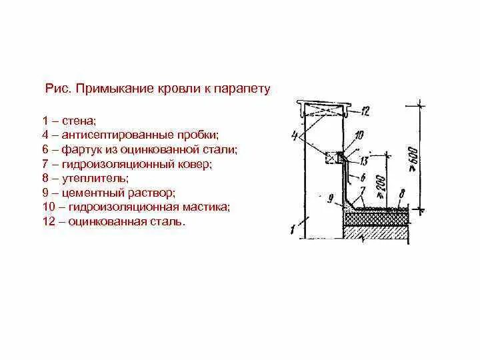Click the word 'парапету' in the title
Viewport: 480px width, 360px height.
(245, 89)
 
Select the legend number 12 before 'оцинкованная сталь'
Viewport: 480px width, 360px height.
(47, 221)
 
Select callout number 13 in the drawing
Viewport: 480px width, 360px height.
(363, 161)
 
